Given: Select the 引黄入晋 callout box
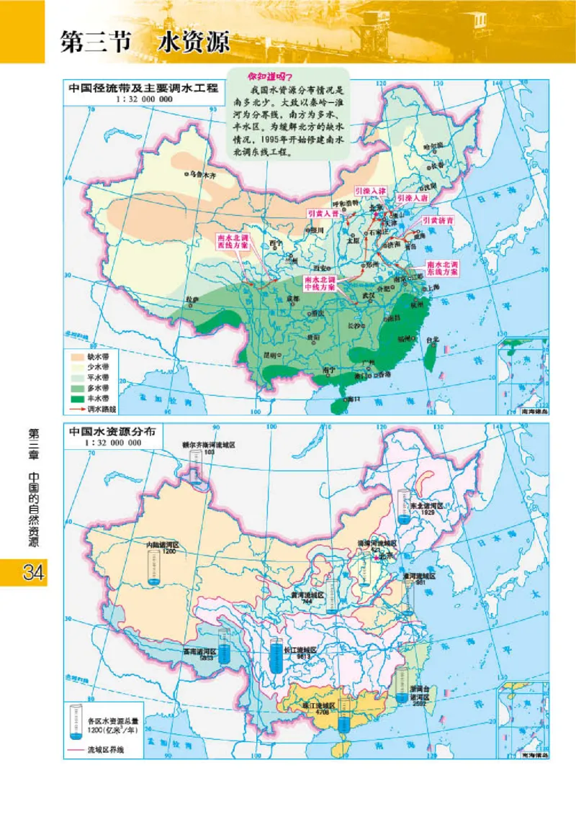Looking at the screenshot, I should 322,214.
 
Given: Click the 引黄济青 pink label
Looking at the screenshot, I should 437,220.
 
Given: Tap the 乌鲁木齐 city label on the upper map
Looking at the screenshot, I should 202,174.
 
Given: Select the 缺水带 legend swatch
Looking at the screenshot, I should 78,355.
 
